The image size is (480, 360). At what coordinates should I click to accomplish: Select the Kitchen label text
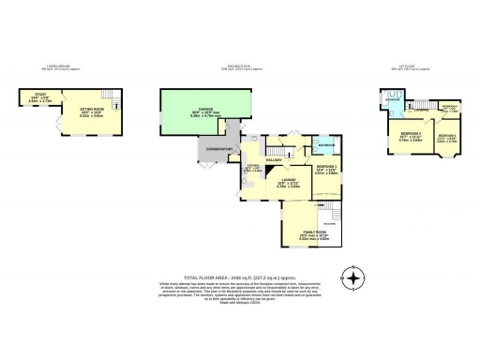tap(253, 169)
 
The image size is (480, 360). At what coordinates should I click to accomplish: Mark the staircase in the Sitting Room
tap(107, 97)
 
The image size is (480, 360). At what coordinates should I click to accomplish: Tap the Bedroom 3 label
tap(448, 140)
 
